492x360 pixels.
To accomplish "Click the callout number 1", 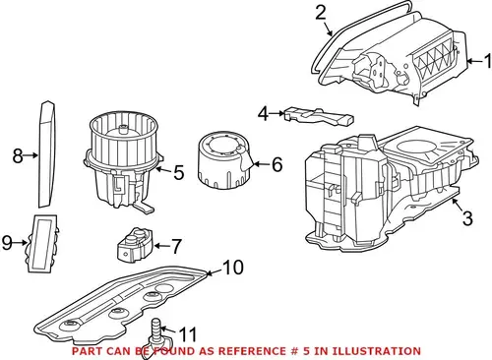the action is [488, 61].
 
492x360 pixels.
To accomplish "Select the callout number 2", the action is [321, 13].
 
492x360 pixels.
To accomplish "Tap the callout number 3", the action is [467, 218].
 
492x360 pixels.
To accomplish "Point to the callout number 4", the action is [263, 114].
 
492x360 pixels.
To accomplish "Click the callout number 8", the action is [18, 155].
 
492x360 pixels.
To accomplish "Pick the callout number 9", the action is [7, 243].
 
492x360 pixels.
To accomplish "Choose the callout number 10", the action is [233, 268].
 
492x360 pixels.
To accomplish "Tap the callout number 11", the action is [188, 334].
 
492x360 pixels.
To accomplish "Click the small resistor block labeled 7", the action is [135, 245].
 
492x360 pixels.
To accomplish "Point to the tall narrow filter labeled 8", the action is [47, 154].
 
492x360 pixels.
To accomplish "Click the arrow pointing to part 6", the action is [261, 163].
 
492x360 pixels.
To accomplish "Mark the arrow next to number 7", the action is [160, 245].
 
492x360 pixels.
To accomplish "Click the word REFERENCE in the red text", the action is [252, 351].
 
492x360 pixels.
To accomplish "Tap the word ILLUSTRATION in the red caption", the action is [377, 351].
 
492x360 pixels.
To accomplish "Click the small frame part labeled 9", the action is [42, 243].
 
